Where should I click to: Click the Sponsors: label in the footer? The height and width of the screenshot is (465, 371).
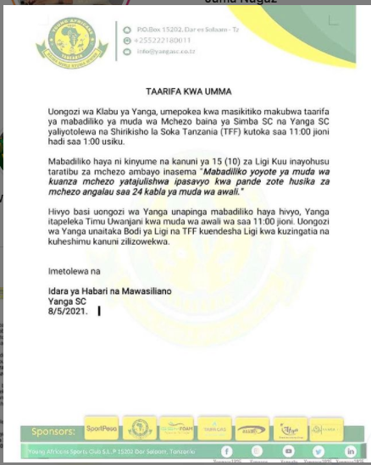tap(53, 431)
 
